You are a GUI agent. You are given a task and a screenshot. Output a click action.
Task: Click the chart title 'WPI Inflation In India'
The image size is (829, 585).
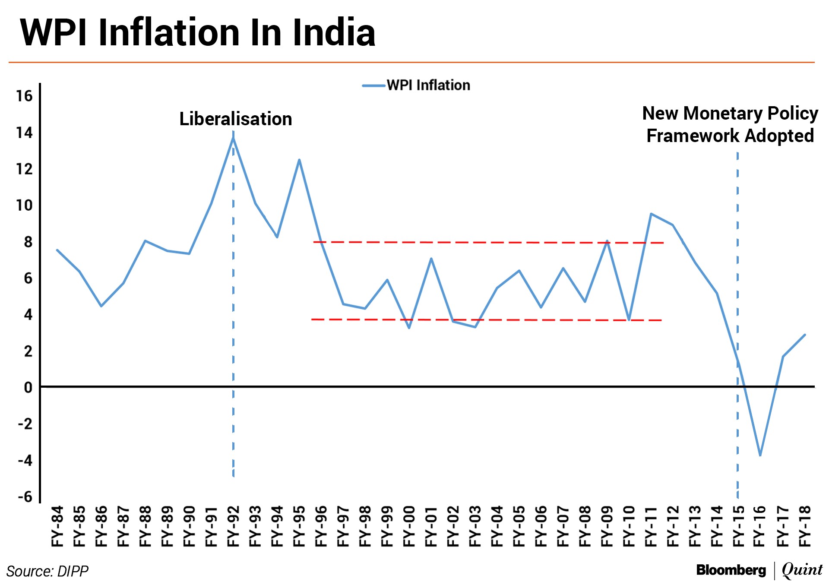pyautogui.click(x=198, y=32)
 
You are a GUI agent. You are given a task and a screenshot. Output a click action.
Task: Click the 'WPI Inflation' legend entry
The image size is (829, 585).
pyautogui.click(x=427, y=85)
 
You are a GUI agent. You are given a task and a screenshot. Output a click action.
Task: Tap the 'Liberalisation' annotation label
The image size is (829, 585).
pyautogui.click(x=235, y=119)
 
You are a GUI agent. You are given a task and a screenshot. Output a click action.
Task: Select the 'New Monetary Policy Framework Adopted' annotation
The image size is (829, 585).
pyautogui.click(x=730, y=124)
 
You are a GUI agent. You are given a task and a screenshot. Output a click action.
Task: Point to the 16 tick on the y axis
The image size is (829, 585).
pyautogui.click(x=25, y=96)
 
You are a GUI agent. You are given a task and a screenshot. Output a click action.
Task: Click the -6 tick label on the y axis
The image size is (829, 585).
pyautogui.click(x=25, y=496)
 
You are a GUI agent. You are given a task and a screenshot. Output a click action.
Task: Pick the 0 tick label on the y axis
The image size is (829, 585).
pyautogui.click(x=28, y=387)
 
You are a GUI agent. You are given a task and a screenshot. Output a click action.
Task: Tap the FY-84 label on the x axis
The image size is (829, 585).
pyautogui.click(x=57, y=526)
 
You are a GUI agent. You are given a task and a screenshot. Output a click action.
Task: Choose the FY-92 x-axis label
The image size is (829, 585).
pyautogui.click(x=233, y=526)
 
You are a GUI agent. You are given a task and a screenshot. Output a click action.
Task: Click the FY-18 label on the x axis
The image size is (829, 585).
pyautogui.click(x=805, y=526)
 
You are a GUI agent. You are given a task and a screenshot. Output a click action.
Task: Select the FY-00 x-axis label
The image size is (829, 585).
pyautogui.click(x=409, y=526)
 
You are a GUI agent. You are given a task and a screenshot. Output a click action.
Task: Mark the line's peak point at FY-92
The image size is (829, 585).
pyautogui.click(x=233, y=138)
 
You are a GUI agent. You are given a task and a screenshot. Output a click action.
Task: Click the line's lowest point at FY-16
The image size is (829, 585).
pyautogui.click(x=760, y=455)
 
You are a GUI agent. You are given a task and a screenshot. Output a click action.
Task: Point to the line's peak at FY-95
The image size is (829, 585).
pyautogui.click(x=299, y=160)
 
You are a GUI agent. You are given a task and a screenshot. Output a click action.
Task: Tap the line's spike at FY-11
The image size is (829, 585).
pyautogui.click(x=651, y=214)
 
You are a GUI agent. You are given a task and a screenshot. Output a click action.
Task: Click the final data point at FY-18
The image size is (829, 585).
pyautogui.click(x=805, y=335)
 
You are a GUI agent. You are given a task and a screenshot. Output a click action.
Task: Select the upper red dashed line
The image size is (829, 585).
pyautogui.click(x=488, y=243)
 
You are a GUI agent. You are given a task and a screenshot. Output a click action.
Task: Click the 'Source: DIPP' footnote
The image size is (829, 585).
pyautogui.click(x=47, y=571)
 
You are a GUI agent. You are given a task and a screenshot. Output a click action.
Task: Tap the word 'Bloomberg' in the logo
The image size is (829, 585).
pyautogui.click(x=731, y=570)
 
